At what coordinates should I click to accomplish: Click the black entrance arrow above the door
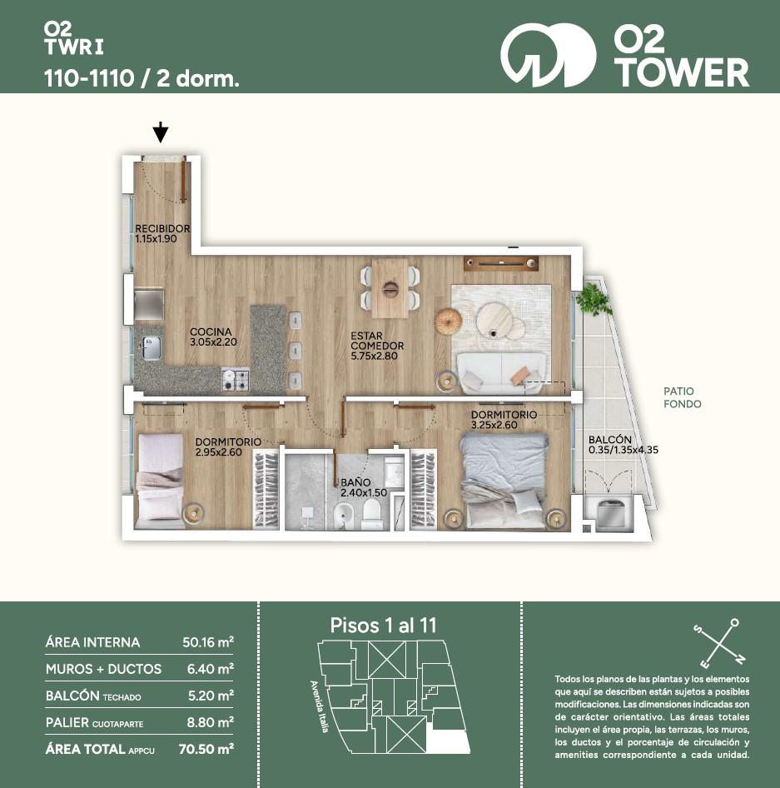tap(160, 132)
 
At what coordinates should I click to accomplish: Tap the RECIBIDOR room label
tap(162, 229)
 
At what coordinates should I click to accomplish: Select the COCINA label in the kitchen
tap(211, 332)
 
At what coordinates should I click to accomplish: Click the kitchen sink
tap(152, 347)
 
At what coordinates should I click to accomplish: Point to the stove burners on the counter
tap(236, 380)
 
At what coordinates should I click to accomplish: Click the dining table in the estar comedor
tap(390, 288)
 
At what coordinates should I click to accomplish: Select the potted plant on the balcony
tap(594, 300)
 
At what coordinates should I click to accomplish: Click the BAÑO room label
tap(355, 482)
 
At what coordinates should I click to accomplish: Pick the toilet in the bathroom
tap(372, 514)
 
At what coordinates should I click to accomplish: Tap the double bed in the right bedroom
tap(504, 481)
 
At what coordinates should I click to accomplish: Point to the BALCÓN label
tap(609, 440)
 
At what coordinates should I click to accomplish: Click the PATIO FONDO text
tap(682, 397)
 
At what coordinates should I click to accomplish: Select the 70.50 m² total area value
tap(206, 749)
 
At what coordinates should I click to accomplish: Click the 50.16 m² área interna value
tap(208, 641)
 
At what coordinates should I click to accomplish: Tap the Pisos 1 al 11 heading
tap(383, 626)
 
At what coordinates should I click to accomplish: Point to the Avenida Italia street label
tap(319, 706)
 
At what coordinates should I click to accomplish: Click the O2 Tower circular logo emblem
tap(549, 55)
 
